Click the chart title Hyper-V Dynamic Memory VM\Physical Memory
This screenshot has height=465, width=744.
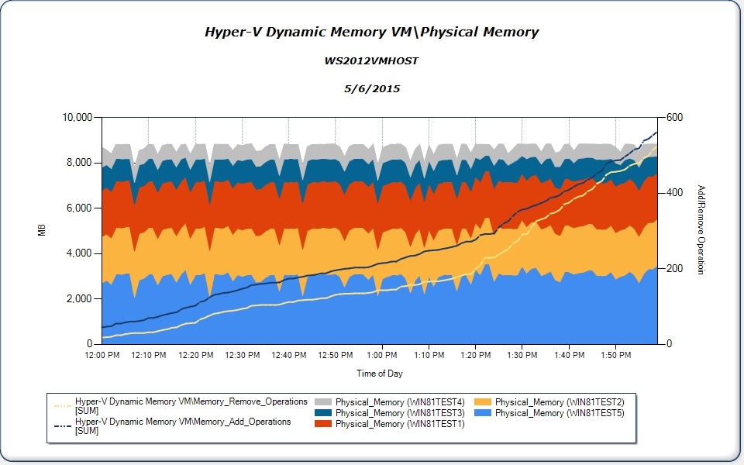point(371,33)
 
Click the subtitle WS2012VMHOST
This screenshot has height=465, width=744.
point(371,60)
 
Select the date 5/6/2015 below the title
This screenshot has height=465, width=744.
point(371,88)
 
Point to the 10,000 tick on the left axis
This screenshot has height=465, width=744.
point(77,117)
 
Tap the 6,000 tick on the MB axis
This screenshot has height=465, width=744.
point(81,208)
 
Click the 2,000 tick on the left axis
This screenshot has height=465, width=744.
point(81,298)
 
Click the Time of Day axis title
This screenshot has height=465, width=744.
point(379,374)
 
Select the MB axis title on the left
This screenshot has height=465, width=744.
point(43,230)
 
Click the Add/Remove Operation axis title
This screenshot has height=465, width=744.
point(701,230)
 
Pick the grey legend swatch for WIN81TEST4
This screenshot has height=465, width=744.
point(324,402)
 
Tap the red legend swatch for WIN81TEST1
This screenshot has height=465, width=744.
point(324,424)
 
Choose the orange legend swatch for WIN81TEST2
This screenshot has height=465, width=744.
point(484,402)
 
